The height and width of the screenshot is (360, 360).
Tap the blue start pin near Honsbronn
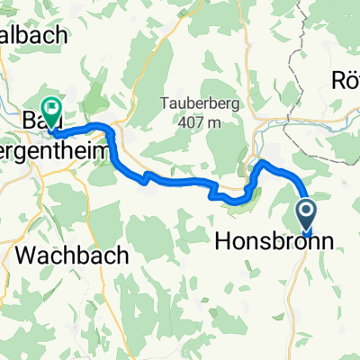pos(306,214)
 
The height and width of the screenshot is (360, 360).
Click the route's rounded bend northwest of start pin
pos(264,163)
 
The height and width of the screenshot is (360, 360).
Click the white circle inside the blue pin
pos(306,211)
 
